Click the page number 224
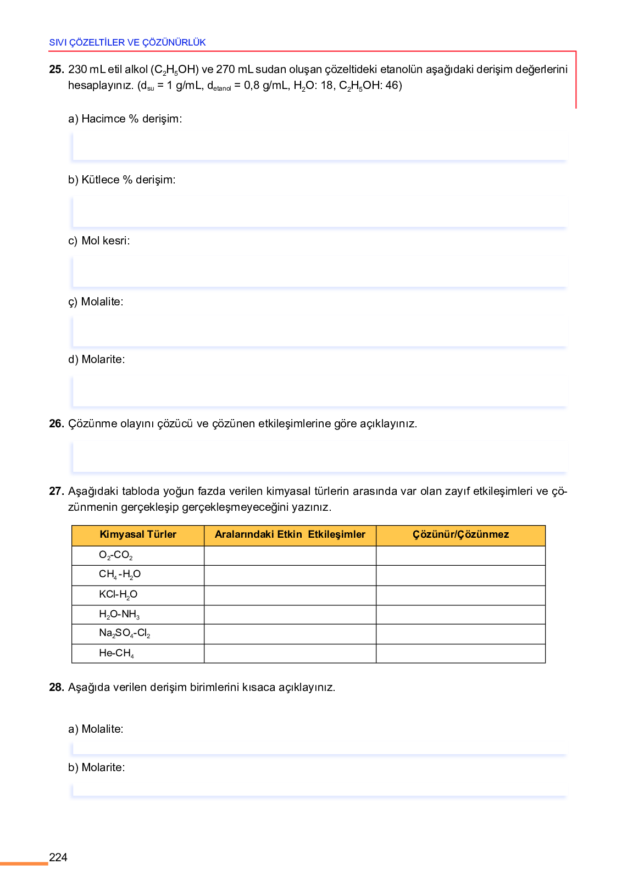pos(58,857)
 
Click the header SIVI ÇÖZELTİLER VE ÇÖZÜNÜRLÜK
pos(127,42)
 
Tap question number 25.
pos(56,70)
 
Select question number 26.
pos(56,423)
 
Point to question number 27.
pos(56,491)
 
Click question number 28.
pos(56,687)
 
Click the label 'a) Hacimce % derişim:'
pos(125,119)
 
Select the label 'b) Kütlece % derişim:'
pos(121,180)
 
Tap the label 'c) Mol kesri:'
pos(99,241)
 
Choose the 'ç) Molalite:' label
pos(96,302)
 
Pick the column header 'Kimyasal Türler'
pos(138,534)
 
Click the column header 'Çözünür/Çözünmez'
pos(460,534)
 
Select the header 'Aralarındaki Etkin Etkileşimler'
pos(290,534)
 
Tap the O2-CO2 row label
pos(116,555)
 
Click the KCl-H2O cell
pos(118,595)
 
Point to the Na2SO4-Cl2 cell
pos(125,633)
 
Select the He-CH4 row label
pos(116,653)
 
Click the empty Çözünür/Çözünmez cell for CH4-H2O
pos(460,576)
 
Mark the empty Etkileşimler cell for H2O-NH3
pos(290,615)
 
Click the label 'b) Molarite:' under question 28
pos(97,767)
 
